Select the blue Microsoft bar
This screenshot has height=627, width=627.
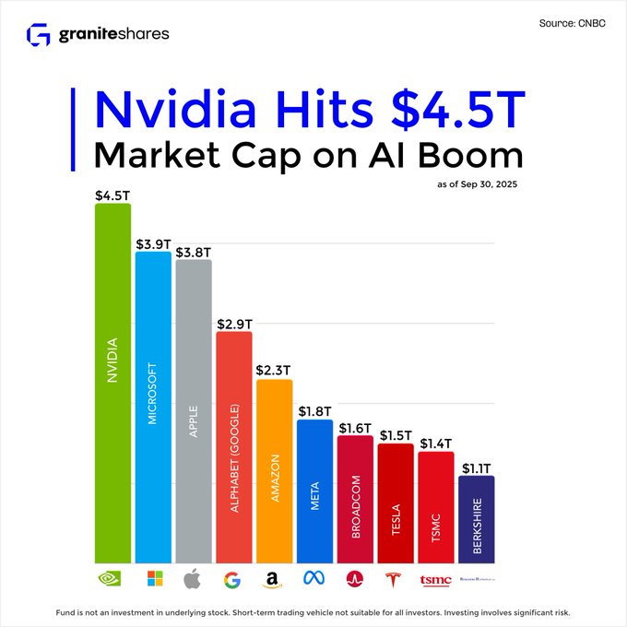(153, 406)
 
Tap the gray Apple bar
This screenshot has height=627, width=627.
(194, 410)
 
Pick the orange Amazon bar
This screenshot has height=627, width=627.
(274, 470)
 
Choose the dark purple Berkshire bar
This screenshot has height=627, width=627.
(477, 519)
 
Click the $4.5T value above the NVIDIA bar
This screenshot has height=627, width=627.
(112, 195)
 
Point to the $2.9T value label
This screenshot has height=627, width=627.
(234, 324)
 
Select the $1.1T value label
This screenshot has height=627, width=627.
(477, 468)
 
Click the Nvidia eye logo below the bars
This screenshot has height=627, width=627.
(112, 579)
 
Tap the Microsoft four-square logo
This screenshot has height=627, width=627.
(155, 579)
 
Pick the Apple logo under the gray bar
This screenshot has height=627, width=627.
(194, 579)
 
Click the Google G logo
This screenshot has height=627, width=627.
(234, 580)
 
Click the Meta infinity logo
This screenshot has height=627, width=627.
(314, 580)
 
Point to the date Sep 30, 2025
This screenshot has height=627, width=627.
(499, 185)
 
